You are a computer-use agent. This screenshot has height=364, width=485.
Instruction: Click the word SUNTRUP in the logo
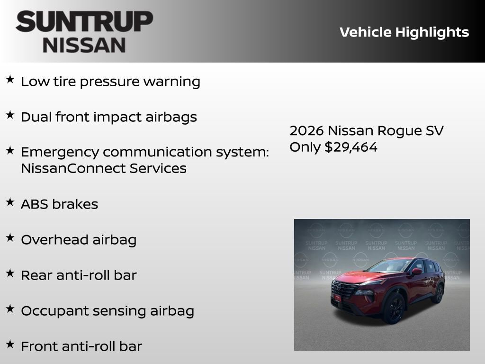(x=84, y=22)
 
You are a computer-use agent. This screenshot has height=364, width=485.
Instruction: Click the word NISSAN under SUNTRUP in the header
(x=84, y=45)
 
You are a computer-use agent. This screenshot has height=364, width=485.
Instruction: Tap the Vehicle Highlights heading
(x=404, y=32)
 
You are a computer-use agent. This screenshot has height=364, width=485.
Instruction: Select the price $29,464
(x=351, y=147)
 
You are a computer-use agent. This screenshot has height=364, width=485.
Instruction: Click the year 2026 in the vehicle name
(x=306, y=131)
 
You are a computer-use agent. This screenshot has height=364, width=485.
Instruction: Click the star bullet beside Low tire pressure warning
(x=10, y=80)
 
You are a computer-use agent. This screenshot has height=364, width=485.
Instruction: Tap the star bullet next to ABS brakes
(x=10, y=202)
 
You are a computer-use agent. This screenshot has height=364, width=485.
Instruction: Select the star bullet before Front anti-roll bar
(x=10, y=345)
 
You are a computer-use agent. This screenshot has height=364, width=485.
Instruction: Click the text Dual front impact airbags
(x=108, y=117)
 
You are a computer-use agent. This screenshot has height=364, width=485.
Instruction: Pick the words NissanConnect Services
(x=103, y=168)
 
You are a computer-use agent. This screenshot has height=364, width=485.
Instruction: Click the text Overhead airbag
(x=79, y=240)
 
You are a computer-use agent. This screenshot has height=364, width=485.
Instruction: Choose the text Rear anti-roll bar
(x=79, y=275)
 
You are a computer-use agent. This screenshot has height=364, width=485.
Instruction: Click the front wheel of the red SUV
(x=394, y=308)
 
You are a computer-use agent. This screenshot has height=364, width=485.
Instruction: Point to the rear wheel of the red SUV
(x=438, y=293)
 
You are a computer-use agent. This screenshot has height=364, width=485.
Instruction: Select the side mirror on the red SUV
(x=417, y=272)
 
